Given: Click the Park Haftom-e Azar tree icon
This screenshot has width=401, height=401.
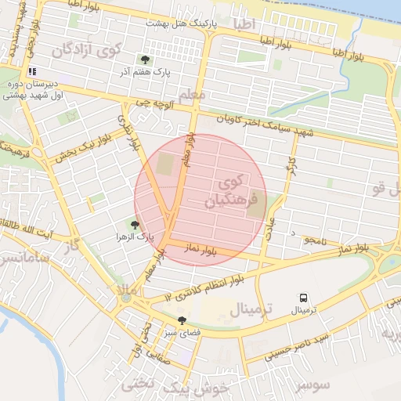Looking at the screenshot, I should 144,59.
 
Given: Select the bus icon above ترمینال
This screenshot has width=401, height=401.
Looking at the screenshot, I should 303,298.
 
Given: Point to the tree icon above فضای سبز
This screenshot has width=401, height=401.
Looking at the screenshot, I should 182,320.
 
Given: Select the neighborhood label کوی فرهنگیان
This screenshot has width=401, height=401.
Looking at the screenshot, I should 230,192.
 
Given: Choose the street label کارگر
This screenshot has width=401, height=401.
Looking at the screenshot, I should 291,166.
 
